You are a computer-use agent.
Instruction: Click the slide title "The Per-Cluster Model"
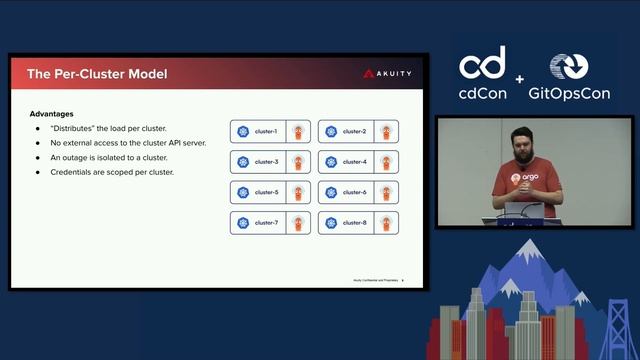97,74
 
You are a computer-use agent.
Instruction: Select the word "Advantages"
51,114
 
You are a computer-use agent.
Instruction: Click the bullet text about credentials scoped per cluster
112,172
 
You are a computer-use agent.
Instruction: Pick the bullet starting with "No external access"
126,143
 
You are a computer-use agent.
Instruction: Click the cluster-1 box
270,131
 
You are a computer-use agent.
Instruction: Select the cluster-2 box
358,131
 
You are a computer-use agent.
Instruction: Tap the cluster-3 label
266,161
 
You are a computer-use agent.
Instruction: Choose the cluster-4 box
358,161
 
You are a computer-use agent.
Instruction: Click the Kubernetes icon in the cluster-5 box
243,192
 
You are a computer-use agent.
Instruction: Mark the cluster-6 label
354,192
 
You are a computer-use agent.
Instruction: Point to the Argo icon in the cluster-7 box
297,222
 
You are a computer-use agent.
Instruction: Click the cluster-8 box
358,222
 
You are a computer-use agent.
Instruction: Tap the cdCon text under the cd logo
482,94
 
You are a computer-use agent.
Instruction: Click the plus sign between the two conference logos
520,79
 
